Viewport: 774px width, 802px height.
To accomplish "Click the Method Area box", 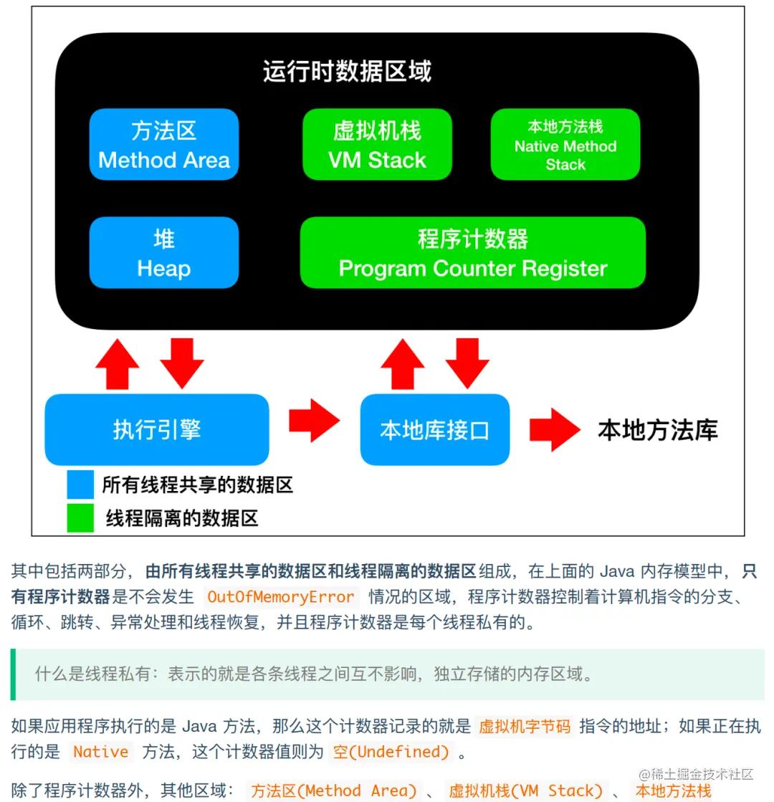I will click(163, 145).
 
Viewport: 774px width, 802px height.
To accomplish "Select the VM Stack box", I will click(377, 145).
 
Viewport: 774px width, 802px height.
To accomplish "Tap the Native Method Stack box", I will click(565, 145).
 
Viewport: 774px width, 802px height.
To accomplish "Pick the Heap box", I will click(163, 253).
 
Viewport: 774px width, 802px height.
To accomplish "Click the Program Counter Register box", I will click(472, 253).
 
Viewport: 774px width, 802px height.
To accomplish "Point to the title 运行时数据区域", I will click(347, 72).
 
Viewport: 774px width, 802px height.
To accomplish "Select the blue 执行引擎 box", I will click(157, 429).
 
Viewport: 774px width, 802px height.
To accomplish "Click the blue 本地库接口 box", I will click(434, 429).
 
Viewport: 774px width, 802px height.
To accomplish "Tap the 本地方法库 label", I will click(657, 429).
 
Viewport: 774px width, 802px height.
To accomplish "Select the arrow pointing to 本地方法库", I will click(554, 429).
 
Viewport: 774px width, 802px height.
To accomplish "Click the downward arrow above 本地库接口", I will click(468, 363).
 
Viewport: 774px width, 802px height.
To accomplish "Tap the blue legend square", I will click(80, 484).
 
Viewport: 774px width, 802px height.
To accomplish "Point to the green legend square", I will click(80, 518).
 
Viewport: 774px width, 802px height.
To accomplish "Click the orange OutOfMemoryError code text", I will click(280, 596).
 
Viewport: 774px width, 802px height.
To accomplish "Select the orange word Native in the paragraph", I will click(101, 752).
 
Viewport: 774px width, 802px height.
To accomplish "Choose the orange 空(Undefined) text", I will click(391, 752).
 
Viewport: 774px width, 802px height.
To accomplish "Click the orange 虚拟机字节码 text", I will click(525, 727).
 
